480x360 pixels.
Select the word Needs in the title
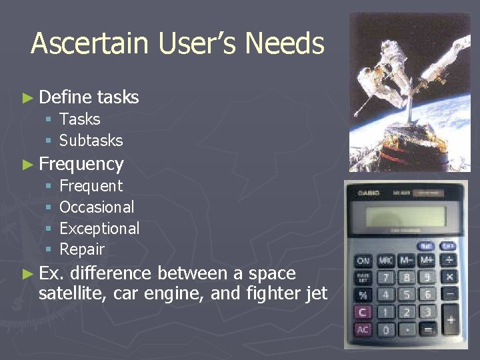click(x=285, y=44)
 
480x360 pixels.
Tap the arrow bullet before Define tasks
click(x=27, y=98)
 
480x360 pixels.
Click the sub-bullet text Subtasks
click(x=91, y=141)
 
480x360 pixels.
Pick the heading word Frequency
click(x=81, y=164)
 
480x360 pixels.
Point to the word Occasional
click(x=97, y=207)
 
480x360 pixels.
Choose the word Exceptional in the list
click(x=99, y=229)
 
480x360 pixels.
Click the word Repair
click(x=82, y=250)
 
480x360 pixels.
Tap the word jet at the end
click(x=315, y=293)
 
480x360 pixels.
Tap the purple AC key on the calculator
click(x=363, y=330)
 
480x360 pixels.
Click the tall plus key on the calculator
click(x=450, y=321)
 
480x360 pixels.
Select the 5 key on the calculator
click(x=407, y=294)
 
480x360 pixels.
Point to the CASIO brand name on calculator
click(x=369, y=193)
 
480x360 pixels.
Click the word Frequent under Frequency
click(x=91, y=186)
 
